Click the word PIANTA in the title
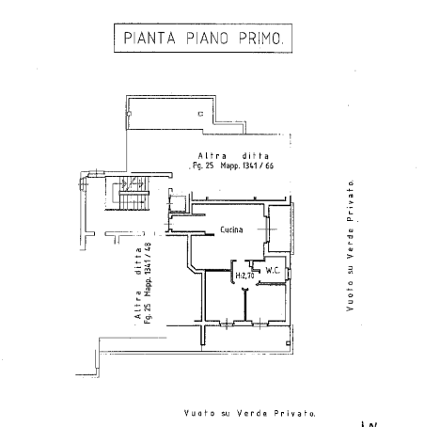[x=150, y=38]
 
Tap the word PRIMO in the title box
[x=261, y=38]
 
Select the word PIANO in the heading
[x=207, y=38]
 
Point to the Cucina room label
[x=231, y=229]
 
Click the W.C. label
[x=273, y=270]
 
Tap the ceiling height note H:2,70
[x=244, y=276]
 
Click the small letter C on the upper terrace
[x=200, y=114]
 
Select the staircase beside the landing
[x=131, y=194]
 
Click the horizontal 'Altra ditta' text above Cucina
[x=233, y=156]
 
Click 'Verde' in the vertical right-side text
[x=350, y=244]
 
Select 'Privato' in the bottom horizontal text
[x=294, y=413]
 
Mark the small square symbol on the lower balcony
[x=288, y=343]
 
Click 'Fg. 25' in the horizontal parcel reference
[x=203, y=166]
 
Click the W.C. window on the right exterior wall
[x=290, y=273]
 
